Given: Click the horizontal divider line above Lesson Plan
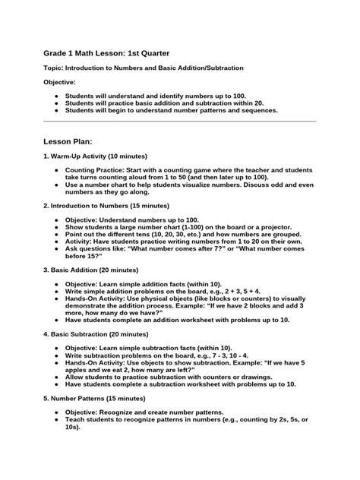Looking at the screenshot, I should pos(180,120).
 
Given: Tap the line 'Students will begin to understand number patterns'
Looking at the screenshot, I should pos(171,110).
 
